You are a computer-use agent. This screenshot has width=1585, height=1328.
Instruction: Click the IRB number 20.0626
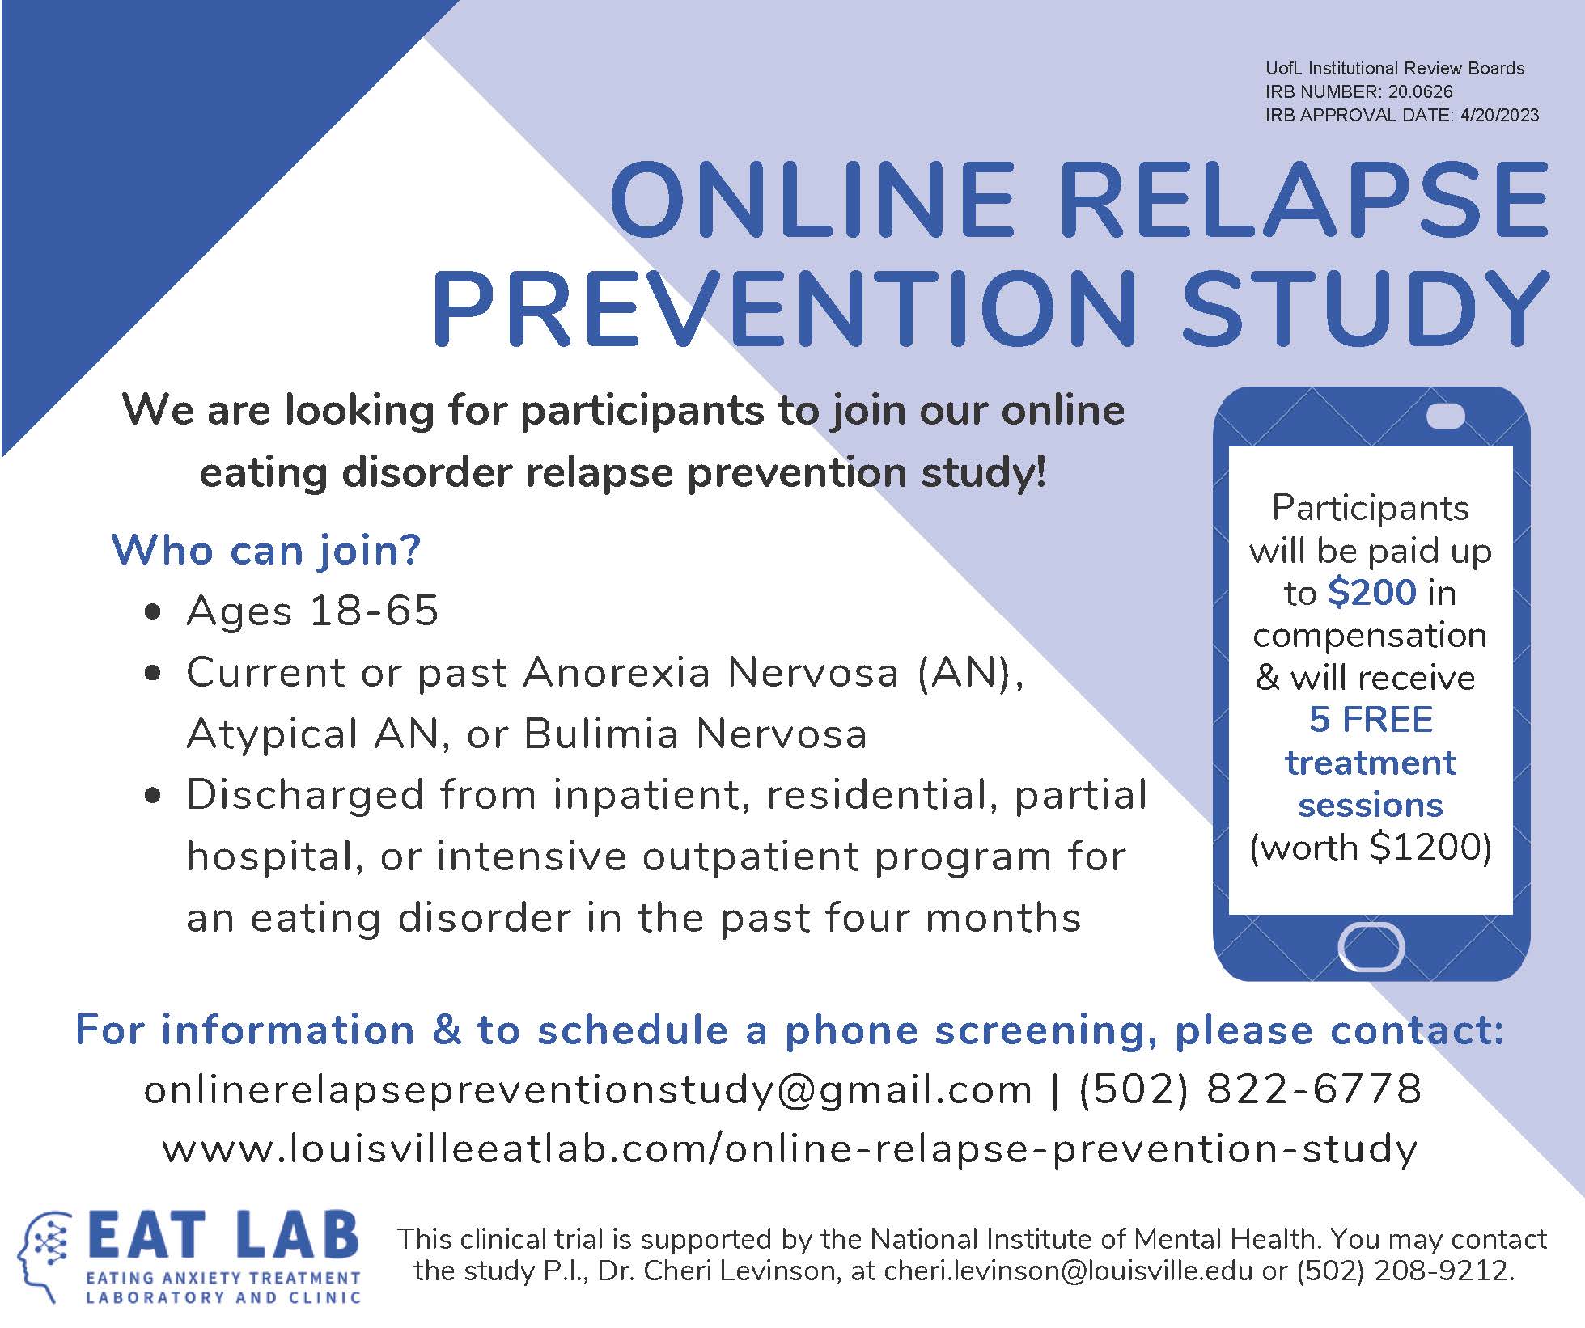point(1421,91)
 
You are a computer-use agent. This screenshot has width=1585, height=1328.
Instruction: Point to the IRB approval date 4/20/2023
point(1500,115)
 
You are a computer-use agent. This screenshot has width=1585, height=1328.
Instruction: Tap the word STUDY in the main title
point(1366,308)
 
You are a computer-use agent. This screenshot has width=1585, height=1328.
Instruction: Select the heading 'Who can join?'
point(266,550)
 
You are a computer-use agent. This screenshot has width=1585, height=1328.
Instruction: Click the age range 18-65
point(375,610)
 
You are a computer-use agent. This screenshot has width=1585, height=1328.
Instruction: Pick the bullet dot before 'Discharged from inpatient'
point(152,796)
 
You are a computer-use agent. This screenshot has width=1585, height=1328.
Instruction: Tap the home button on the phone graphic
point(1371,946)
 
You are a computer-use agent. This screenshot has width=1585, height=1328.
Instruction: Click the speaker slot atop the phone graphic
point(1445,417)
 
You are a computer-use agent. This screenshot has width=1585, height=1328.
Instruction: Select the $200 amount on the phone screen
point(1372,593)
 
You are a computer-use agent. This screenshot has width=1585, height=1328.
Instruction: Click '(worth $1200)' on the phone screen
point(1371,848)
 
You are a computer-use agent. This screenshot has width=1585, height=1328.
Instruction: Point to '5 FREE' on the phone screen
point(1371,720)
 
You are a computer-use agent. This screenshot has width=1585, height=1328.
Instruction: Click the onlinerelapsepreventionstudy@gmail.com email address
point(588,1089)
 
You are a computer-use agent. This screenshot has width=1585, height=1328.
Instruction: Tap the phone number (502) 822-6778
point(1250,1089)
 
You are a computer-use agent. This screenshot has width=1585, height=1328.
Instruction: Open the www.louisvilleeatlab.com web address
point(790,1148)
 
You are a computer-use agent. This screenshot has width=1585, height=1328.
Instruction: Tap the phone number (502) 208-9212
point(1405,1271)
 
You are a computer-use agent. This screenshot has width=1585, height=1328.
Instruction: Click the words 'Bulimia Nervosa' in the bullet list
point(696,734)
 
